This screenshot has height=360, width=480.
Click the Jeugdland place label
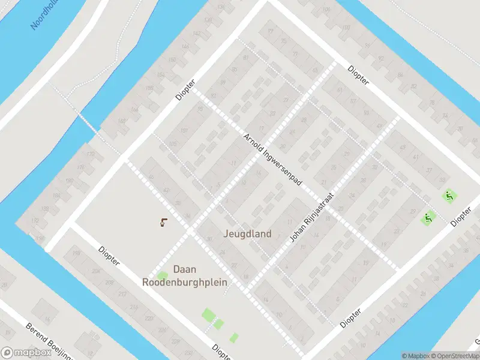click(x=247, y=234)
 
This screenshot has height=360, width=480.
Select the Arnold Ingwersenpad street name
click(x=272, y=160)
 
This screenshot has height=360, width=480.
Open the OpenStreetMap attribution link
click(x=454, y=356)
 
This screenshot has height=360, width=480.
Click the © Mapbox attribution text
click(x=416, y=356)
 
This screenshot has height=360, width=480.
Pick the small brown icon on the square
click(x=164, y=223)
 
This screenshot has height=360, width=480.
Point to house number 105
click(x=173, y=143)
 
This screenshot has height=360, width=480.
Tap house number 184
click(x=57, y=196)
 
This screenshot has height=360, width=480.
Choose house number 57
click(x=353, y=100)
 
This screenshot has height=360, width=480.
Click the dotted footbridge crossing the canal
click(x=89, y=122)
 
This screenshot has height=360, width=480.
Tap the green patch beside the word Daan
click(x=163, y=275)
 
